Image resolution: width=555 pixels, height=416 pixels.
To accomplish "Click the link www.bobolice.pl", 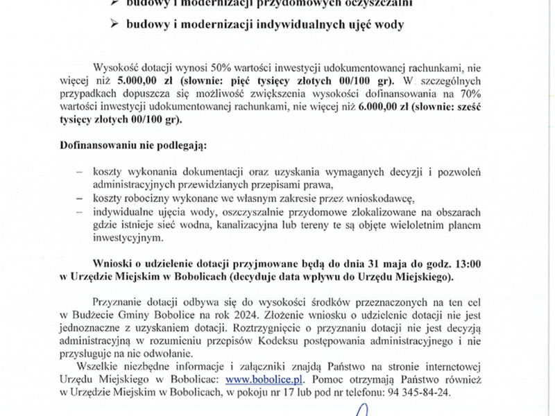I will click(x=266, y=379).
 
